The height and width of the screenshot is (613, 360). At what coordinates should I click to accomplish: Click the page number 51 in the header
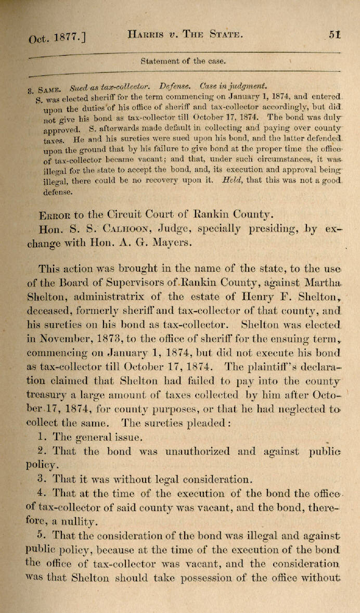point(335,35)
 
